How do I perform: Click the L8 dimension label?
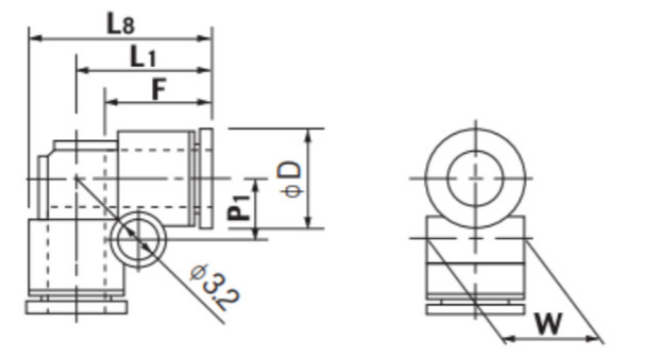(121, 24)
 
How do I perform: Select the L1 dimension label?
(143, 57)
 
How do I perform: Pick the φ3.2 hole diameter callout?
(215, 287)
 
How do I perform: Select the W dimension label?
(548, 324)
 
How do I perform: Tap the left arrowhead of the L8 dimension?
(36, 38)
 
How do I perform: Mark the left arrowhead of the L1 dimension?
(85, 70)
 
